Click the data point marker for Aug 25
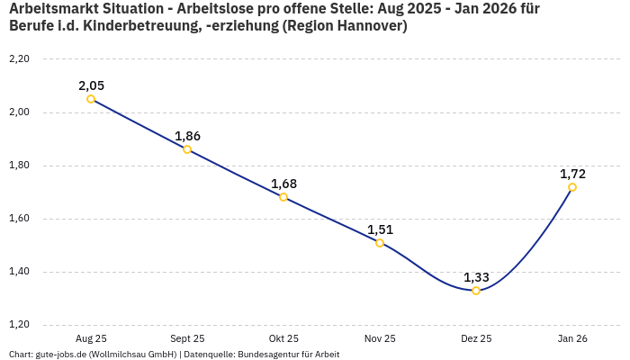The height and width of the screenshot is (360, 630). point(91,99)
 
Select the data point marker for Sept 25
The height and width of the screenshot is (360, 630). point(187,149)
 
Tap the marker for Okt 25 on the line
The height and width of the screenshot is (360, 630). point(283,197)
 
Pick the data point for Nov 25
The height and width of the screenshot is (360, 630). point(380,243)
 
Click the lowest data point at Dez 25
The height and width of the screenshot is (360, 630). point(476,291)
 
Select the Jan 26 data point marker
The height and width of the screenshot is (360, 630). point(572,187)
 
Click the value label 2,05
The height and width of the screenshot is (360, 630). point(91,85)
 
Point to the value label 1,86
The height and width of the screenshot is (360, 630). point(187,136)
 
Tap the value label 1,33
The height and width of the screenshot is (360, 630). point(476,277)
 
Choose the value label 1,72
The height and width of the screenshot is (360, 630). point(572,174)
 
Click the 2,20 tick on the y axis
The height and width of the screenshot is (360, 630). point(19,59)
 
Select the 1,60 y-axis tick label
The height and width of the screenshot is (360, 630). point(19,219)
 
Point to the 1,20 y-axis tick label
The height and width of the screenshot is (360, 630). point(19,325)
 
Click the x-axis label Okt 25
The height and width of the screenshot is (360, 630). point(283,338)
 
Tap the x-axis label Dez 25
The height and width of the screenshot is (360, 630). point(476,338)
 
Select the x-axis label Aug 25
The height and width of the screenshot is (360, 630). point(91,338)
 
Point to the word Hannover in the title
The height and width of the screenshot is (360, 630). point(370,26)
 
